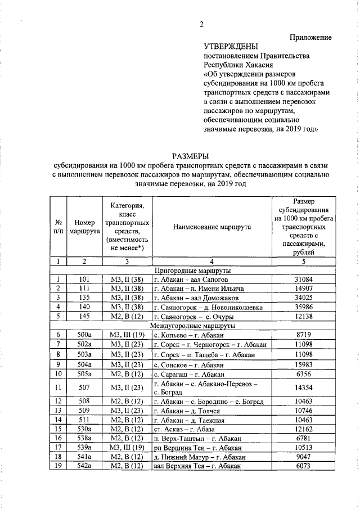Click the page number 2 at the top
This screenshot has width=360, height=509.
(x=200, y=23)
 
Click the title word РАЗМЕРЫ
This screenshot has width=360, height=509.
(x=191, y=156)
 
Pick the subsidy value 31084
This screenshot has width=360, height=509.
(x=304, y=280)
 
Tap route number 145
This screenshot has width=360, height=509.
(x=84, y=316)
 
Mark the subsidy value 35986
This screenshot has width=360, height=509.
(x=304, y=307)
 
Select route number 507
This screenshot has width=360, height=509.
(x=84, y=388)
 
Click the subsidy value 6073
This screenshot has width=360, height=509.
(x=304, y=466)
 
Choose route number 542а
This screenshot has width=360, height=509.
(x=84, y=466)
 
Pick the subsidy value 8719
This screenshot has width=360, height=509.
(x=304, y=335)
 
